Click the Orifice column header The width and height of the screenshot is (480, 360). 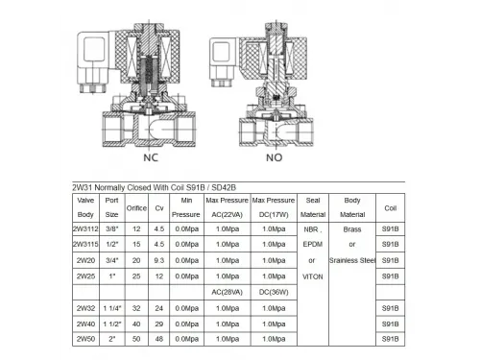[x=137, y=207]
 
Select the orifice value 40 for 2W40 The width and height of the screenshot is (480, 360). [x=137, y=324]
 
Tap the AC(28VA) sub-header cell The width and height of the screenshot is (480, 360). [x=227, y=292]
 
